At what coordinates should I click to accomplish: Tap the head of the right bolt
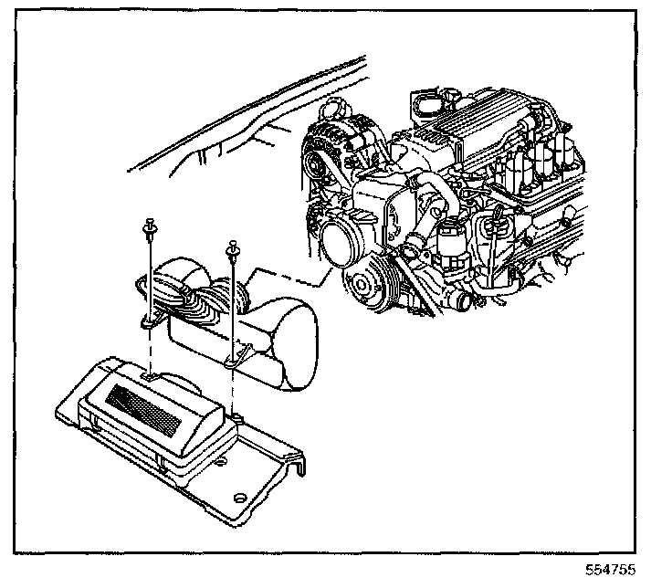click(234, 244)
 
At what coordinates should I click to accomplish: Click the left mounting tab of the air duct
click(149, 321)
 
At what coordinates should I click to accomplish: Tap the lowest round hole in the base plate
click(240, 499)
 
